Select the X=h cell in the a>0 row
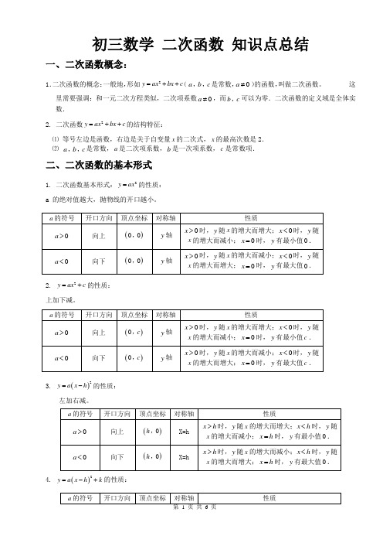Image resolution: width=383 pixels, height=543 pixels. pos(185,432)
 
